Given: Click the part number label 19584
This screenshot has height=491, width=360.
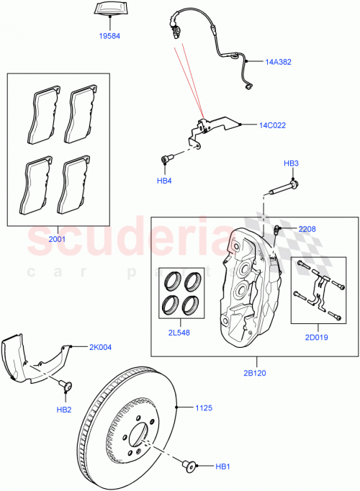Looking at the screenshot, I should coord(111,35).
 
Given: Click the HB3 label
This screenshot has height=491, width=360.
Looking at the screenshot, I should coord(290,163).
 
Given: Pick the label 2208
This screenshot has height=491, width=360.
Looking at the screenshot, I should coord(306,228).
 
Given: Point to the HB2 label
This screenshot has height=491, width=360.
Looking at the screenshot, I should coord(65,409).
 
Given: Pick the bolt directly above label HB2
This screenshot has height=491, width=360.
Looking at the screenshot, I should coord(66,387).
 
